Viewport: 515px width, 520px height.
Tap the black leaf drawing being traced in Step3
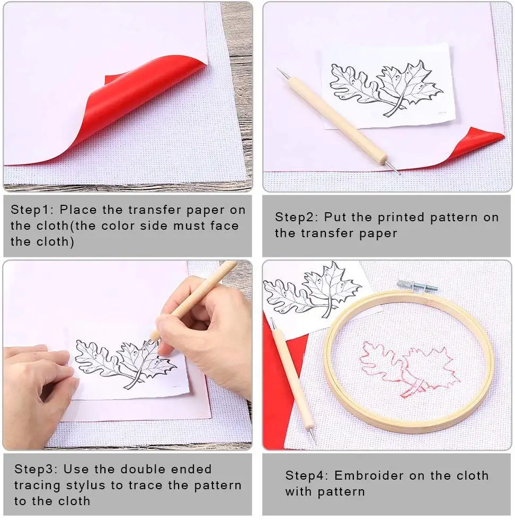tap(125, 363)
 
